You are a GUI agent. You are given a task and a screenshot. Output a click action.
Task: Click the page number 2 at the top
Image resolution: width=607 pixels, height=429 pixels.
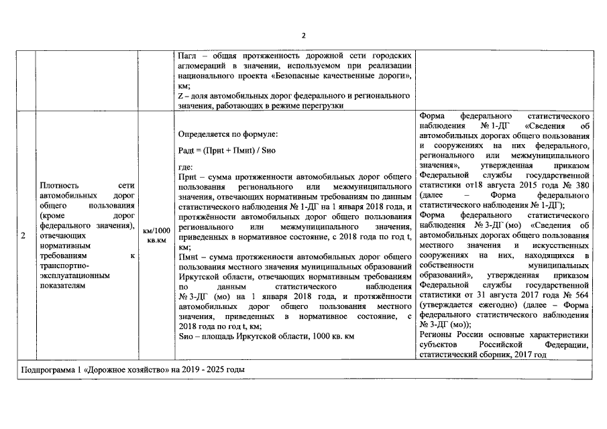(303, 35)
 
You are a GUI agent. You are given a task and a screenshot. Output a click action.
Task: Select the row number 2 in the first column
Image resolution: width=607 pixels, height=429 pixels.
(23, 235)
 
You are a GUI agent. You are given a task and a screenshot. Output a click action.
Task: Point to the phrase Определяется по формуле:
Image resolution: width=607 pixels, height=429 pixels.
(223, 134)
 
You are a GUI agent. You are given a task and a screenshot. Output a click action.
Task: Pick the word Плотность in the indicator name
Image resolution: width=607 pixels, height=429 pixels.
(59, 185)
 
